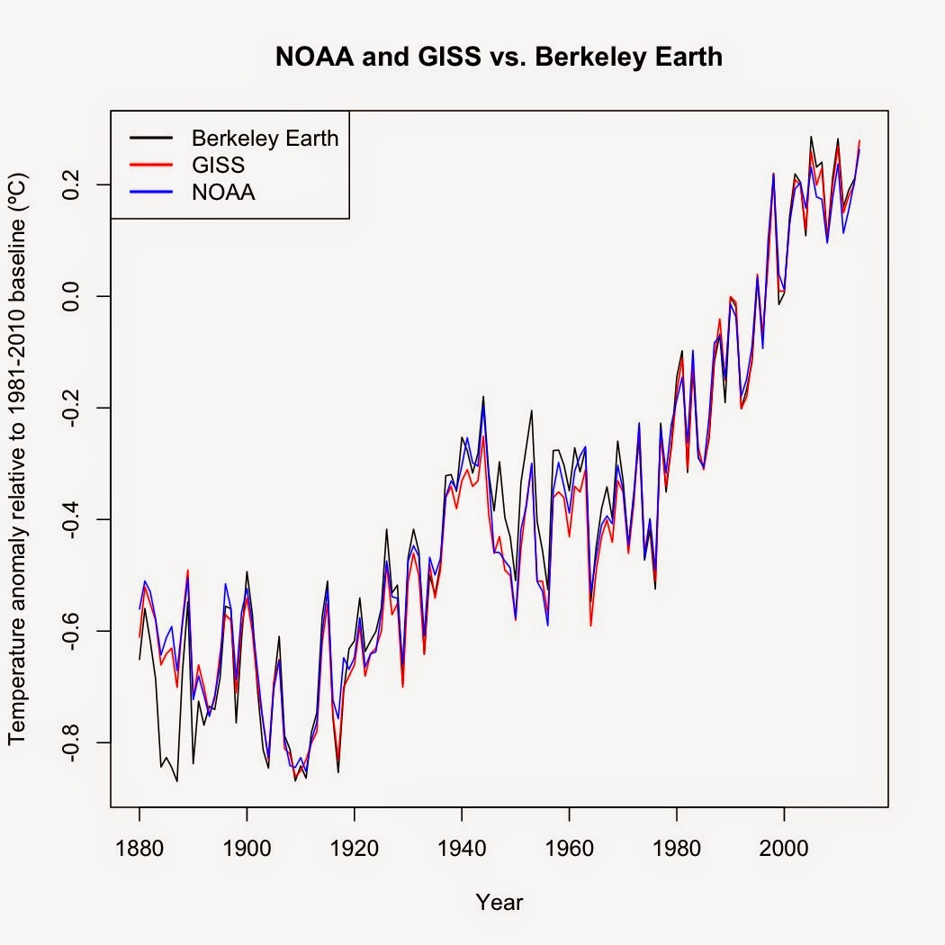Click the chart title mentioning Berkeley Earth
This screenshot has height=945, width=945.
coord(499,58)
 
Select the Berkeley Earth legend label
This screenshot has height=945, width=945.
coord(265,138)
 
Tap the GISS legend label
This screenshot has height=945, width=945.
coord(218,165)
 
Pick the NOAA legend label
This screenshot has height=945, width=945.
coord(223,192)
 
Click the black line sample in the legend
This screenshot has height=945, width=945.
coord(149,138)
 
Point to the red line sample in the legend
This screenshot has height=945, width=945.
coord(149,165)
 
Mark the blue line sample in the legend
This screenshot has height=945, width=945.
coord(149,192)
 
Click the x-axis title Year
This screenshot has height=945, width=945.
coord(499,902)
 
